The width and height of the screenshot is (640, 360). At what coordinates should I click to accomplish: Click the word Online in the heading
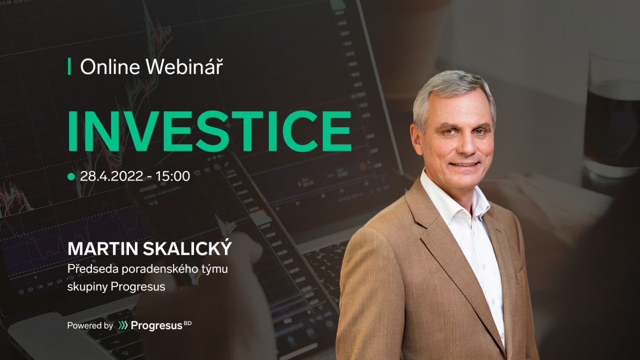(x=110, y=67)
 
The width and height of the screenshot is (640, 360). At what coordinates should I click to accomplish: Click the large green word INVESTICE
(x=210, y=131)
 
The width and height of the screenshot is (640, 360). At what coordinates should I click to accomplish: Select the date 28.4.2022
(x=111, y=176)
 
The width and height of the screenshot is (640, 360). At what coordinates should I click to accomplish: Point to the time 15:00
(x=173, y=176)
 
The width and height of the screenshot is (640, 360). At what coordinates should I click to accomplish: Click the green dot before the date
(x=71, y=177)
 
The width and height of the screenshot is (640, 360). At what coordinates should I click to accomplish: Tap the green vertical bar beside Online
(x=69, y=66)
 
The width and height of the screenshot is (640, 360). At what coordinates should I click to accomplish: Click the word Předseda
(x=93, y=269)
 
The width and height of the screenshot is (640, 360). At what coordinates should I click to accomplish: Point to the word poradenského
(x=160, y=269)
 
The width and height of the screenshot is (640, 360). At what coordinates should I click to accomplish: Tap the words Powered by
(x=90, y=326)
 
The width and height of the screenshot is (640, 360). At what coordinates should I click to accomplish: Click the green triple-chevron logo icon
(x=123, y=325)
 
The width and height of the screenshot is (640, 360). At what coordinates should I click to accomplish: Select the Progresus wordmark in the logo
(x=157, y=326)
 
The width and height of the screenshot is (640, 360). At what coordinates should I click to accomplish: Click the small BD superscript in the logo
(x=188, y=324)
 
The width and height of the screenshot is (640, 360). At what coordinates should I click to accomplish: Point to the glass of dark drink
(x=611, y=114)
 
